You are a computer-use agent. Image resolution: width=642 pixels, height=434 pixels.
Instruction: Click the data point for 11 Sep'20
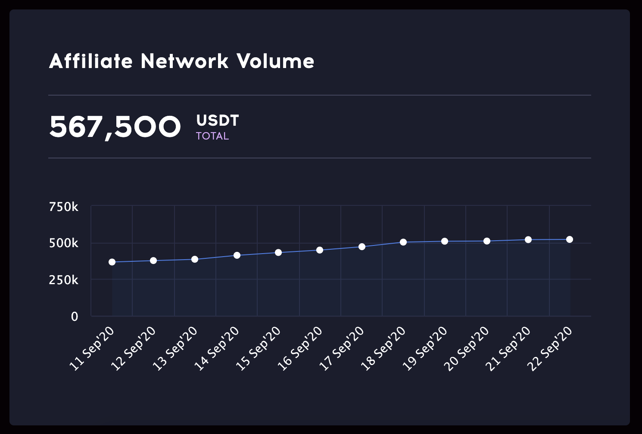point(112,262)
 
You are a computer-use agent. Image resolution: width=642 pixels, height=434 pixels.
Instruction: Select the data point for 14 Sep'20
point(237,255)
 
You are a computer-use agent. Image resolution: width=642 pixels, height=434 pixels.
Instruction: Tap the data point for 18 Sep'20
point(403,242)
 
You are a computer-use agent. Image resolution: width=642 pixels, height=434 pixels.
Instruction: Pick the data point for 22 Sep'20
point(570,239)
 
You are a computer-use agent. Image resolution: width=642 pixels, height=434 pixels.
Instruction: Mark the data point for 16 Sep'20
point(320,250)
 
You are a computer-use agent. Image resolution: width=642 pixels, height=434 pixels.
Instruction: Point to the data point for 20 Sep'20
point(487,241)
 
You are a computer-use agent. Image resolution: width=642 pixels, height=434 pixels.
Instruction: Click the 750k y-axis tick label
point(64,207)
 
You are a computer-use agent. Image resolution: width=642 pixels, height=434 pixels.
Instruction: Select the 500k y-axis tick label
point(64,243)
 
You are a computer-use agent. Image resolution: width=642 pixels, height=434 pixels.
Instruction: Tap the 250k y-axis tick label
point(64,280)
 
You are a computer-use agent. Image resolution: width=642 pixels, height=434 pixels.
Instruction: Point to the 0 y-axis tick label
point(75,317)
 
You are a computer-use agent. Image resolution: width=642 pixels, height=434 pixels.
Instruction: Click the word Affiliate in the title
point(91,61)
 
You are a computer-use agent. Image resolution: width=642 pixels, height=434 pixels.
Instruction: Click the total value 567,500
point(115,127)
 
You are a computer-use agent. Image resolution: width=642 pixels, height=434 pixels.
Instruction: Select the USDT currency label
point(217,121)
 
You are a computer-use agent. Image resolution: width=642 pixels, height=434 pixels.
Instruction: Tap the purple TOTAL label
point(212,136)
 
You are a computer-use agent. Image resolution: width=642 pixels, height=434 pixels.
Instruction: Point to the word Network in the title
point(184,61)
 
